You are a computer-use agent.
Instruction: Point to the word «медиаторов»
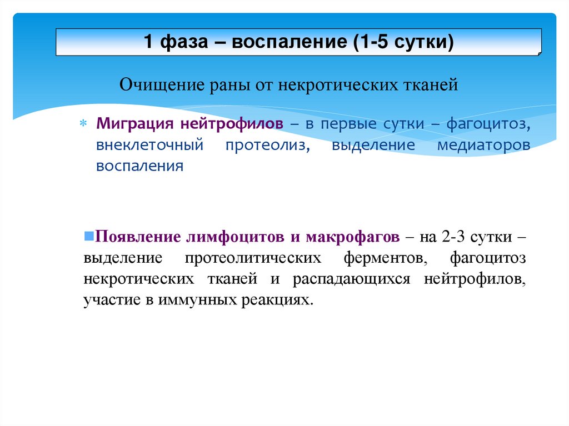coord(483,145)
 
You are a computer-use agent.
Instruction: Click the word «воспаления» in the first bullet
coord(139,166)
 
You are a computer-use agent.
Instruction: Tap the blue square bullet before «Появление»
coord(88,235)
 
